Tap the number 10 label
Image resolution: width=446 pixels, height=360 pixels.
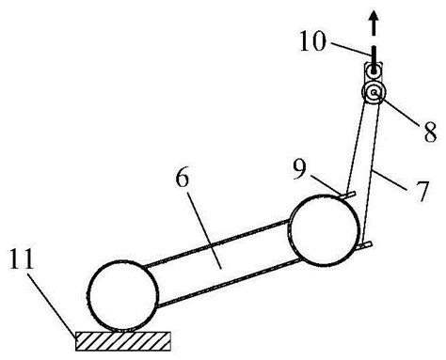[x=313, y=41]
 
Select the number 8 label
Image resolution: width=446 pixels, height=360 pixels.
[x=430, y=132]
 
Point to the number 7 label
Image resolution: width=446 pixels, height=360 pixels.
[x=422, y=191]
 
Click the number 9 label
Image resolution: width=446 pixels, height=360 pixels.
[x=299, y=170]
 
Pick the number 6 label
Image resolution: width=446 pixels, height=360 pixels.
[x=183, y=179]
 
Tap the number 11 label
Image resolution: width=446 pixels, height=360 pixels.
[x=22, y=258]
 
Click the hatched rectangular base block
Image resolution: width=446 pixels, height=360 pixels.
[x=123, y=341]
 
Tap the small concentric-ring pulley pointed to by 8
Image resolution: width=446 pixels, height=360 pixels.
[x=374, y=92]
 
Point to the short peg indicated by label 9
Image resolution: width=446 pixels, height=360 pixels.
[x=347, y=195]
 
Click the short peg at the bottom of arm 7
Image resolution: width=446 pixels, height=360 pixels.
[x=364, y=245]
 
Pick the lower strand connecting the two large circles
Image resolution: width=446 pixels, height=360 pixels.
[x=228, y=282]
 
